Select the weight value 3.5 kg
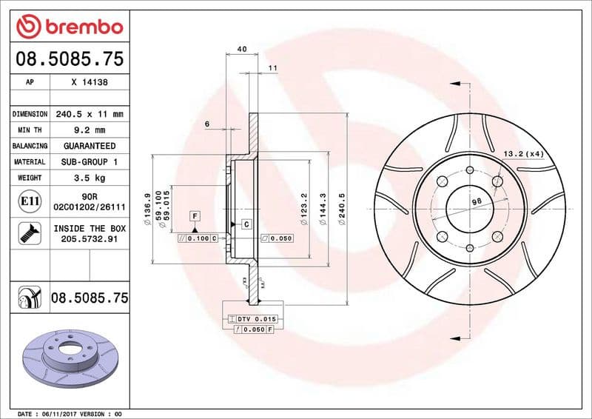[x=90, y=178]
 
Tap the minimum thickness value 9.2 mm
[x=90, y=130]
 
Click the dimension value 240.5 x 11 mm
[x=90, y=114]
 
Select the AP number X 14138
[x=90, y=83]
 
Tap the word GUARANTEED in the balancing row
[x=90, y=146]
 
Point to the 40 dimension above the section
[x=242, y=49]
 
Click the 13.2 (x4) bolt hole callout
[x=523, y=154]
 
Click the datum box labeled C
[x=245, y=224]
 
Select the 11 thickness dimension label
[x=272, y=68]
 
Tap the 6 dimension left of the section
[x=207, y=123]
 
